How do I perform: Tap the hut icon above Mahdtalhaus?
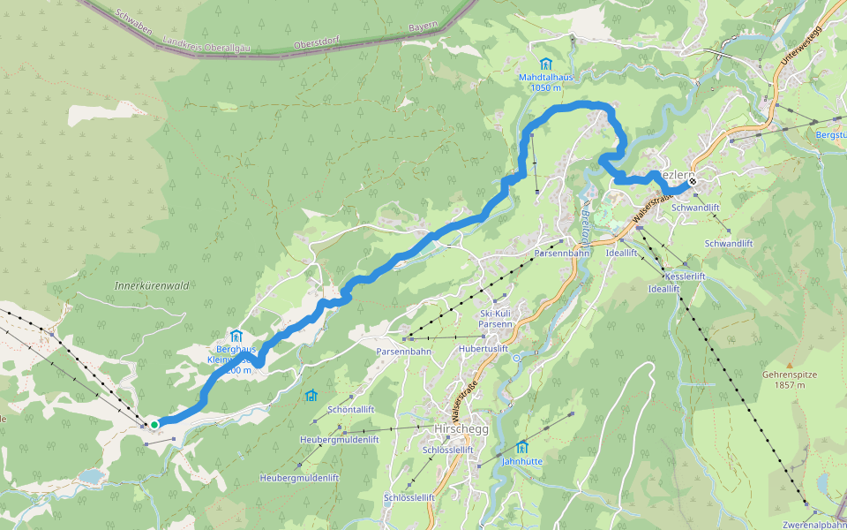pyautogui.click(x=546, y=64)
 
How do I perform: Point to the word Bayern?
pyautogui.click(x=423, y=28)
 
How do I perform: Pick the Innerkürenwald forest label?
pyautogui.click(x=152, y=286)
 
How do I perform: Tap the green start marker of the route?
pyautogui.click(x=154, y=425)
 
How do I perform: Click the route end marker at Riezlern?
pyautogui.click(x=693, y=182)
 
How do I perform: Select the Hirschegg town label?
pyautogui.click(x=461, y=428)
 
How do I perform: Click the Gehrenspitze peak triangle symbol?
pyautogui.click(x=790, y=364)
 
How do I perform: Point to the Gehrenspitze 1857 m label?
pyautogui.click(x=790, y=380)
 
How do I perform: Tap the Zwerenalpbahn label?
pyautogui.click(x=813, y=524)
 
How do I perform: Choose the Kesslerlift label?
pyautogui.click(x=686, y=276)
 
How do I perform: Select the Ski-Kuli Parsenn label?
pyautogui.click(x=496, y=319)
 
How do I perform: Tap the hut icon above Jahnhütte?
pyautogui.click(x=522, y=446)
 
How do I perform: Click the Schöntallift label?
pyautogui.click(x=350, y=411)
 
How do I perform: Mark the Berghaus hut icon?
pyautogui.click(x=236, y=336)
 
